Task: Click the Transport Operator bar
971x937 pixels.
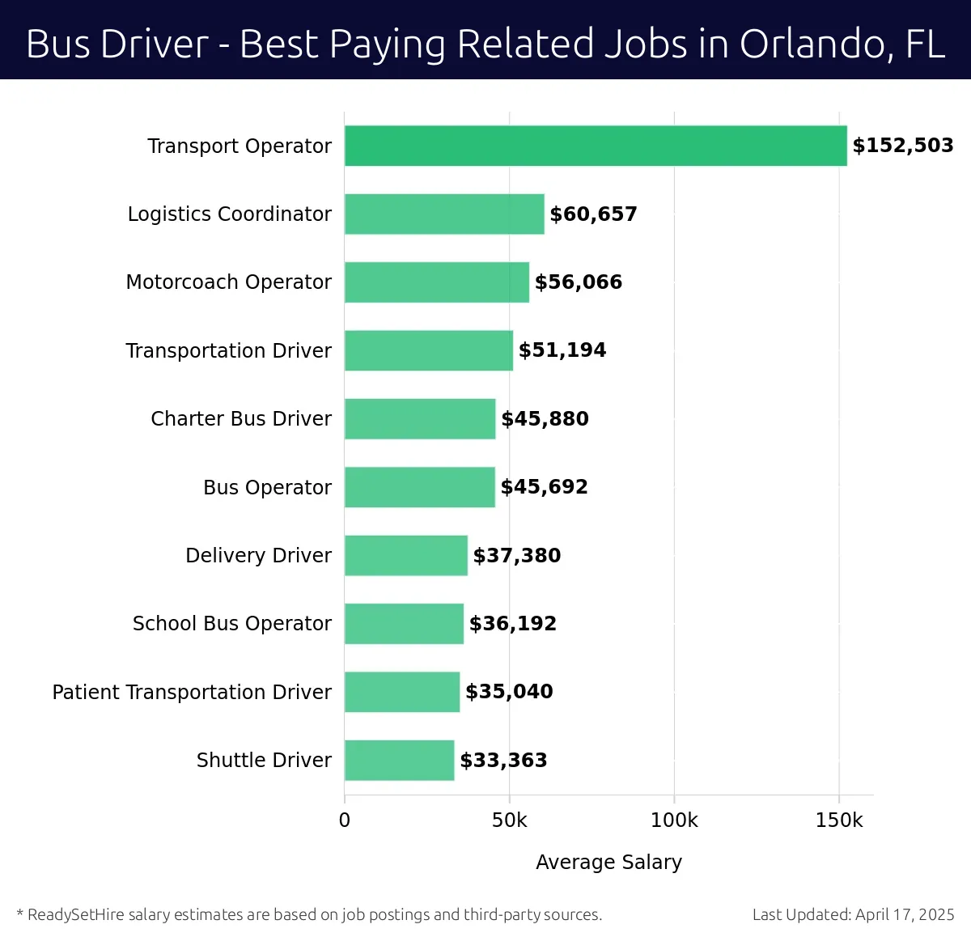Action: click(596, 146)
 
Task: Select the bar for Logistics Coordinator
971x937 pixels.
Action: click(444, 214)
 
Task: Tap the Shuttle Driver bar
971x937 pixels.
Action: click(399, 761)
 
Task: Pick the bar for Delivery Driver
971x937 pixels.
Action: click(405, 555)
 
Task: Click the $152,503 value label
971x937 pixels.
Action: click(903, 146)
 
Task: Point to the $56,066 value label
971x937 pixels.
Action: click(579, 282)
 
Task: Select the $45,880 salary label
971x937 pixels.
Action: click(545, 419)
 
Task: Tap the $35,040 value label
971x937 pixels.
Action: click(509, 692)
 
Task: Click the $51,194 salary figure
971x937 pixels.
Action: click(562, 350)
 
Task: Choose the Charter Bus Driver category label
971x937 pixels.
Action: click(241, 419)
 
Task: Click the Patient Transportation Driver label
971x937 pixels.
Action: click(192, 693)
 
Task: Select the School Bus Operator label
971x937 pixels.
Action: click(232, 624)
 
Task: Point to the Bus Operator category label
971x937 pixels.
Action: click(267, 488)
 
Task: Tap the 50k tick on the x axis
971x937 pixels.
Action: click(509, 820)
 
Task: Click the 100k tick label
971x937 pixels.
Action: click(674, 820)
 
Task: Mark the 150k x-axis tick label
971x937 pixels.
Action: click(839, 820)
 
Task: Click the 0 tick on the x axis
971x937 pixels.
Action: click(345, 820)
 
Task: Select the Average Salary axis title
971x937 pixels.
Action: click(608, 863)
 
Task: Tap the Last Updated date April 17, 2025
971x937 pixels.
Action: click(905, 915)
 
